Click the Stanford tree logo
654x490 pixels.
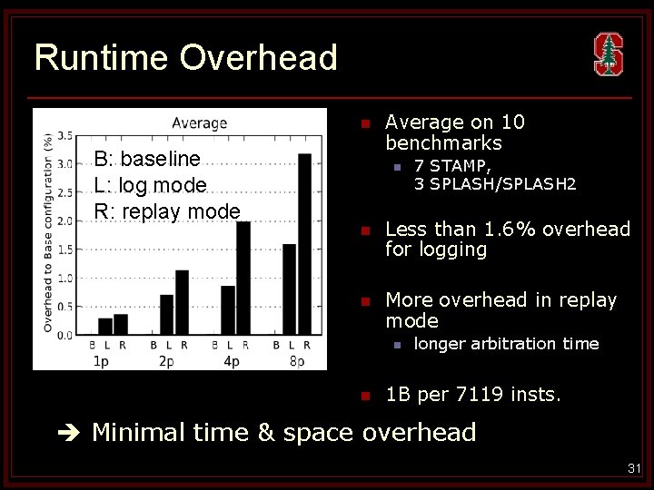pos(608,54)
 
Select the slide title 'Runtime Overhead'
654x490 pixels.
pos(185,58)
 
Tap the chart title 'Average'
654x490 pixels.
pos(199,122)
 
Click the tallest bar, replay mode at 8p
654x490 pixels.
pos(304,244)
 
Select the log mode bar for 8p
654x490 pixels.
pos(289,289)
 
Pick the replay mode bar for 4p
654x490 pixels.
pos(243,278)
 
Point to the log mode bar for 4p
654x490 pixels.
pos(228,309)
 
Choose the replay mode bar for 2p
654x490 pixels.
pos(182,302)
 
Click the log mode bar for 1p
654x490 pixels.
pos(105,326)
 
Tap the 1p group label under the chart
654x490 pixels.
pos(104,361)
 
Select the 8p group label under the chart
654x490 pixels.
pos(296,361)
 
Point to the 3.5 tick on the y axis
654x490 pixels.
pos(65,136)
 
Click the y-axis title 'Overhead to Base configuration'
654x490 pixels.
pos(47,232)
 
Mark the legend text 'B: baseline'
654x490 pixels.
pos(146,159)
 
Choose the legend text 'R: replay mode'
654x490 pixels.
pos(166,211)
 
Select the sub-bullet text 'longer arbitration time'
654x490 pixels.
pos(506,343)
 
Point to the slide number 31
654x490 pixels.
pos(633,468)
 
